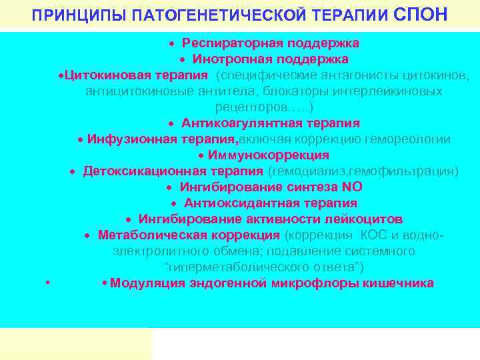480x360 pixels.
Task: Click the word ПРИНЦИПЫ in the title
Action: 65,15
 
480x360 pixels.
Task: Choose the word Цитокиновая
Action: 101,75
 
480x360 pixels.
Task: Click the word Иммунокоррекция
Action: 268,155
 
